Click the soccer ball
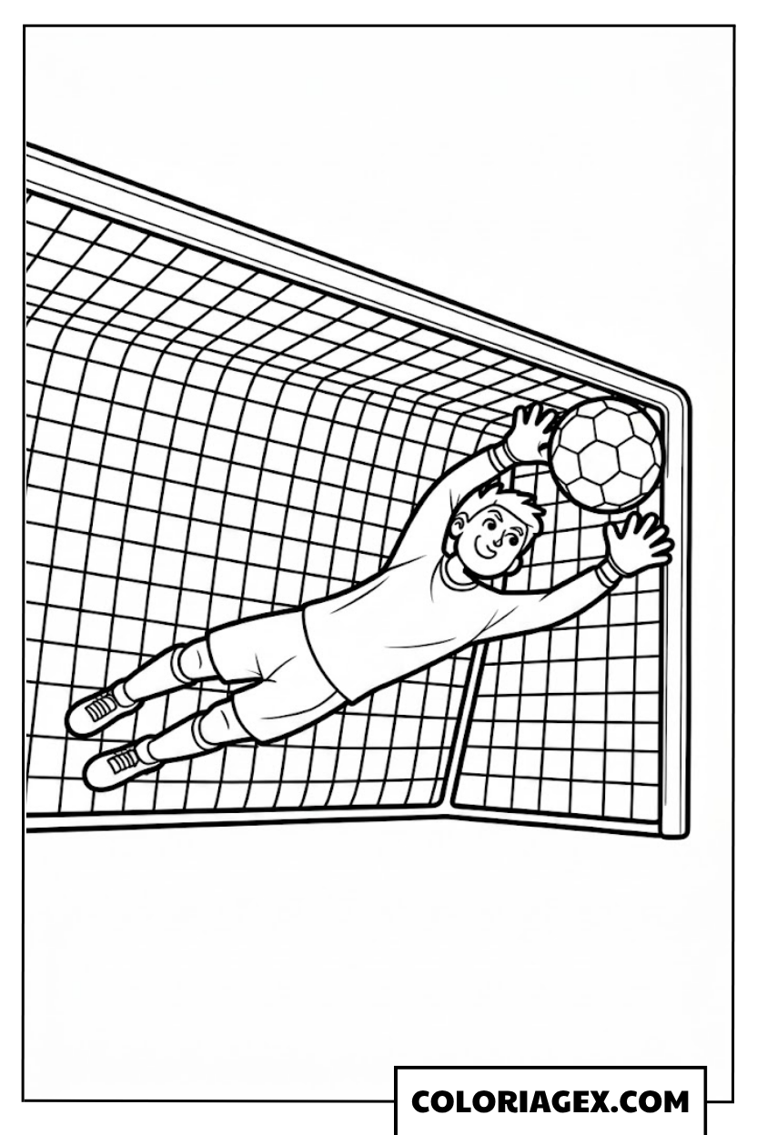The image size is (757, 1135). [606, 455]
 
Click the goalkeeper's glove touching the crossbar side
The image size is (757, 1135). [530, 428]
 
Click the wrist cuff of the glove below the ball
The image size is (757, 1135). [608, 573]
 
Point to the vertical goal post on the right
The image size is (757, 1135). [675, 608]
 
